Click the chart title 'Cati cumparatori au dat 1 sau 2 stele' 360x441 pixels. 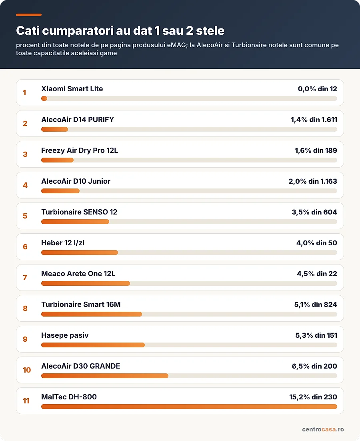(x=120, y=31)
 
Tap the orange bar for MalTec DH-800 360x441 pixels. (x=189, y=407)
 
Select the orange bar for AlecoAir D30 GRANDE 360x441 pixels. (x=105, y=376)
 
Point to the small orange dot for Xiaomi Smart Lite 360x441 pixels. (x=44, y=98)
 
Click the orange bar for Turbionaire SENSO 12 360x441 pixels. (x=75, y=222)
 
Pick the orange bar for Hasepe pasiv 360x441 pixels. (x=93, y=345)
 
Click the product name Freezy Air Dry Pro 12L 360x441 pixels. (x=80, y=150)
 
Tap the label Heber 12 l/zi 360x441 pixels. (x=63, y=243)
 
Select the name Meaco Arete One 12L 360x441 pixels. (x=78, y=274)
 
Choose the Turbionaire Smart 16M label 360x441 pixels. (x=81, y=304)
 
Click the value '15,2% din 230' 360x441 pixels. (x=313, y=397)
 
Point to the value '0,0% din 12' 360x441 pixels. (x=318, y=89)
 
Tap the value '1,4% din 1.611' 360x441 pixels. (x=314, y=120)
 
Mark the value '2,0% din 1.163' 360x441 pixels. (x=313, y=181)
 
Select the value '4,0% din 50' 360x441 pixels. (x=317, y=243)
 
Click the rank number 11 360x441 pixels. (x=26, y=401)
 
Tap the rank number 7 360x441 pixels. (x=25, y=278)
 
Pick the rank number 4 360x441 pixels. (x=25, y=185)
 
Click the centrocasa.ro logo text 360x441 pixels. (x=323, y=429)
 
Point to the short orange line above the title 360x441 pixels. (x=29, y=15)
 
